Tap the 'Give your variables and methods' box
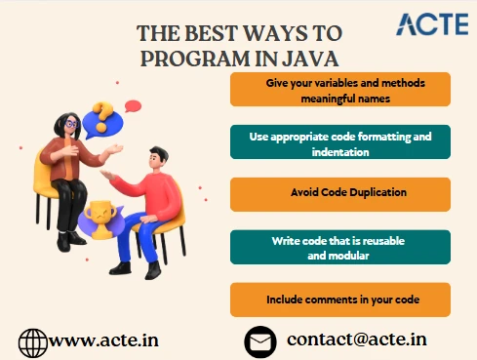click(340, 89)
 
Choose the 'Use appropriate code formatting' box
click(340, 142)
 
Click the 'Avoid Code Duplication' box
click(340, 194)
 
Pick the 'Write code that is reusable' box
click(340, 247)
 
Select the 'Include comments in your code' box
click(340, 299)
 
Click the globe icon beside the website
click(32, 341)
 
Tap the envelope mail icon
click(258, 341)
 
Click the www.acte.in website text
click(103, 341)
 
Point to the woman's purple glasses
click(72, 125)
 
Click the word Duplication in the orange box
click(361, 194)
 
